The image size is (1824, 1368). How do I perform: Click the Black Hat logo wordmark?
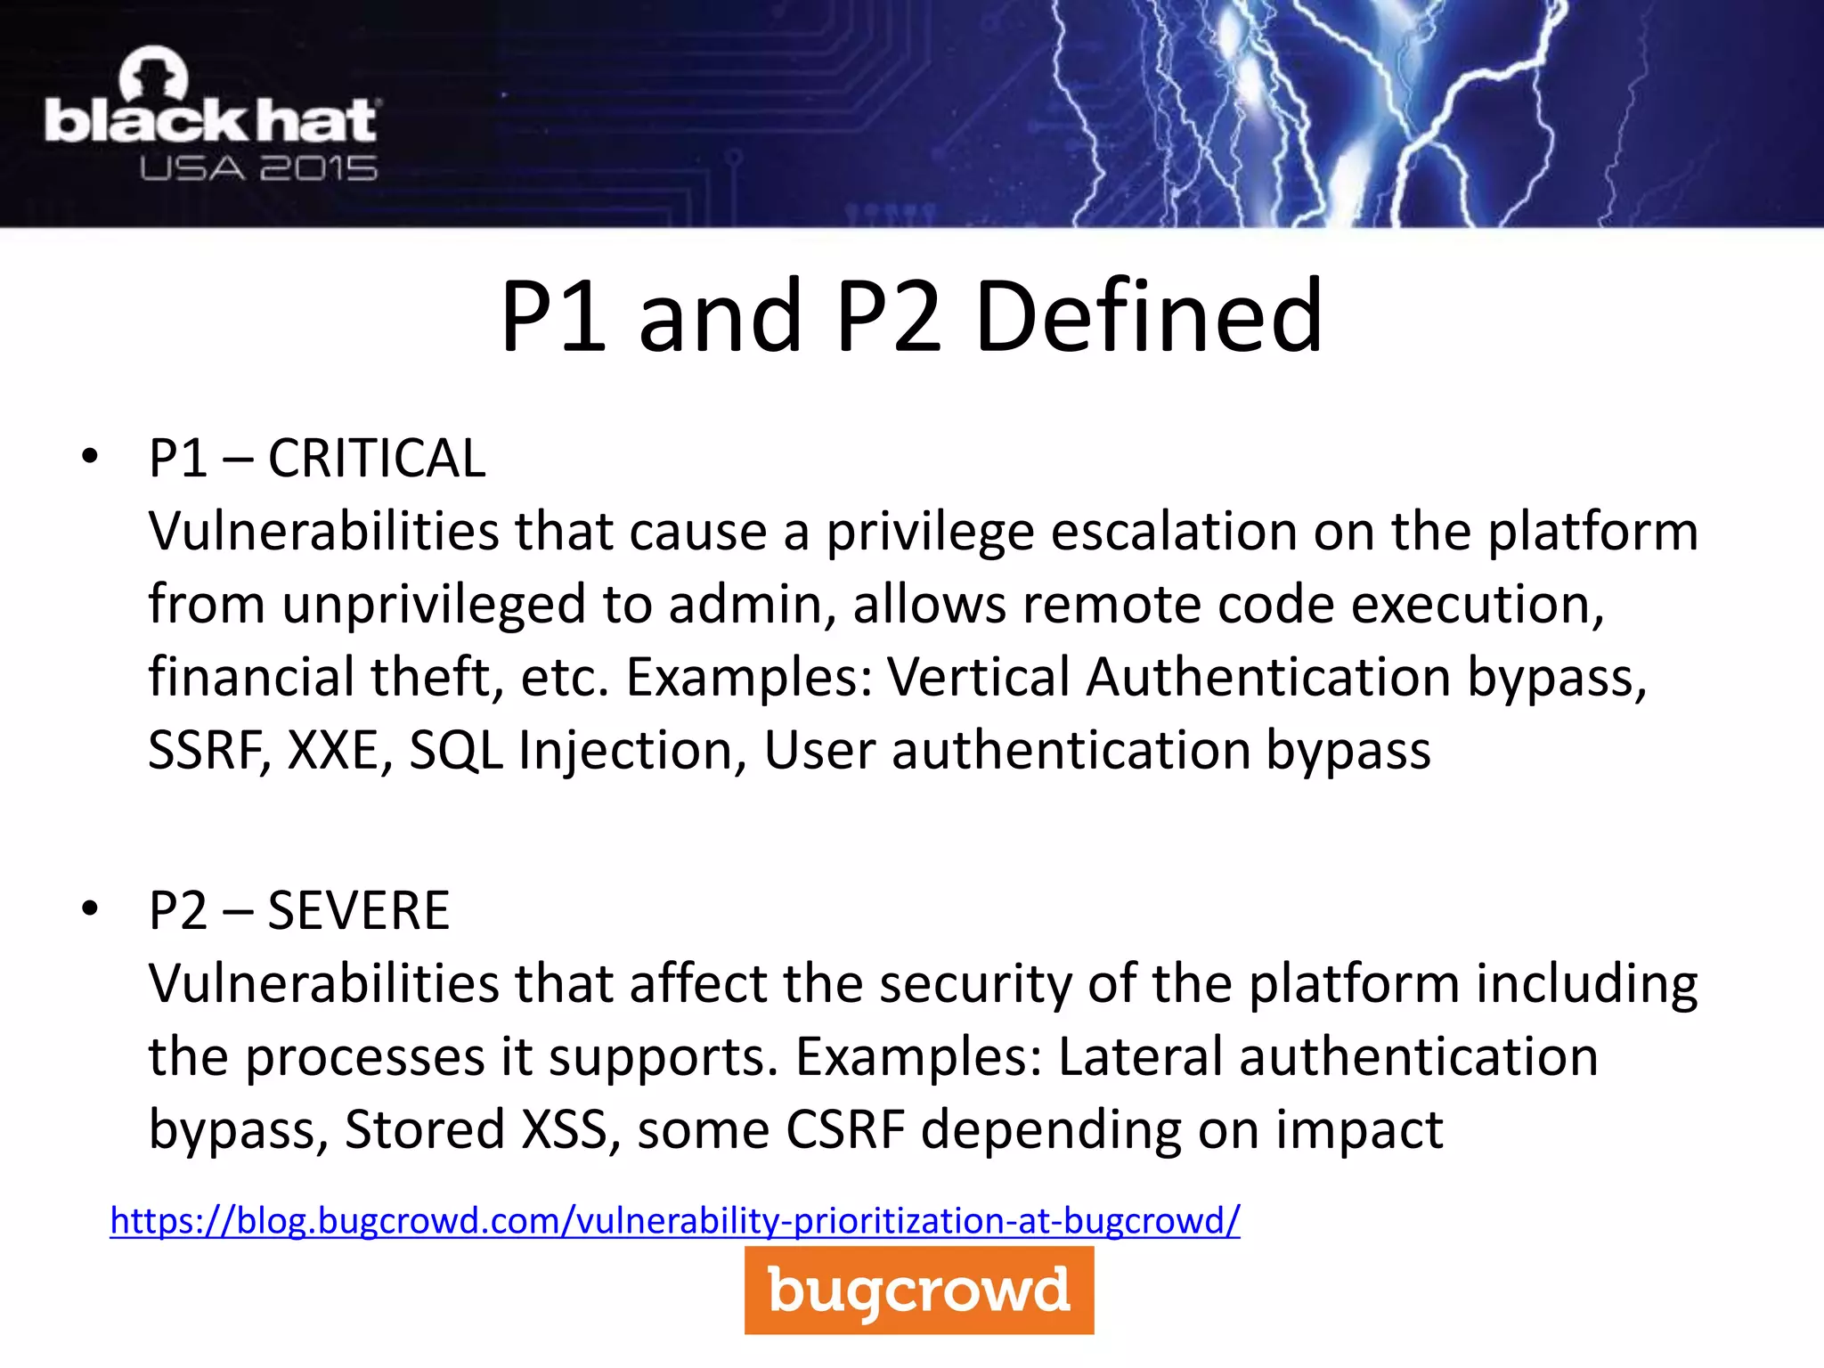tap(211, 121)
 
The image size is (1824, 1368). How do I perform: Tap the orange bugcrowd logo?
tap(918, 1290)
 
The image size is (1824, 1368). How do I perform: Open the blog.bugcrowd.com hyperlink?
tap(674, 1221)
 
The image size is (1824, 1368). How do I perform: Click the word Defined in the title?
tap(1149, 316)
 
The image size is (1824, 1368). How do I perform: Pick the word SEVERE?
tap(358, 911)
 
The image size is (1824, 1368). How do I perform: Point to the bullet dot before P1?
tap(89, 457)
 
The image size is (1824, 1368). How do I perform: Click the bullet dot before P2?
tap(89, 909)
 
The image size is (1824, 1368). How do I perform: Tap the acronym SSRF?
tap(208, 750)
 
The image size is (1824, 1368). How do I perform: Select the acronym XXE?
tap(340, 750)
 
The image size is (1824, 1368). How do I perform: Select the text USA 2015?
tap(258, 168)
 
